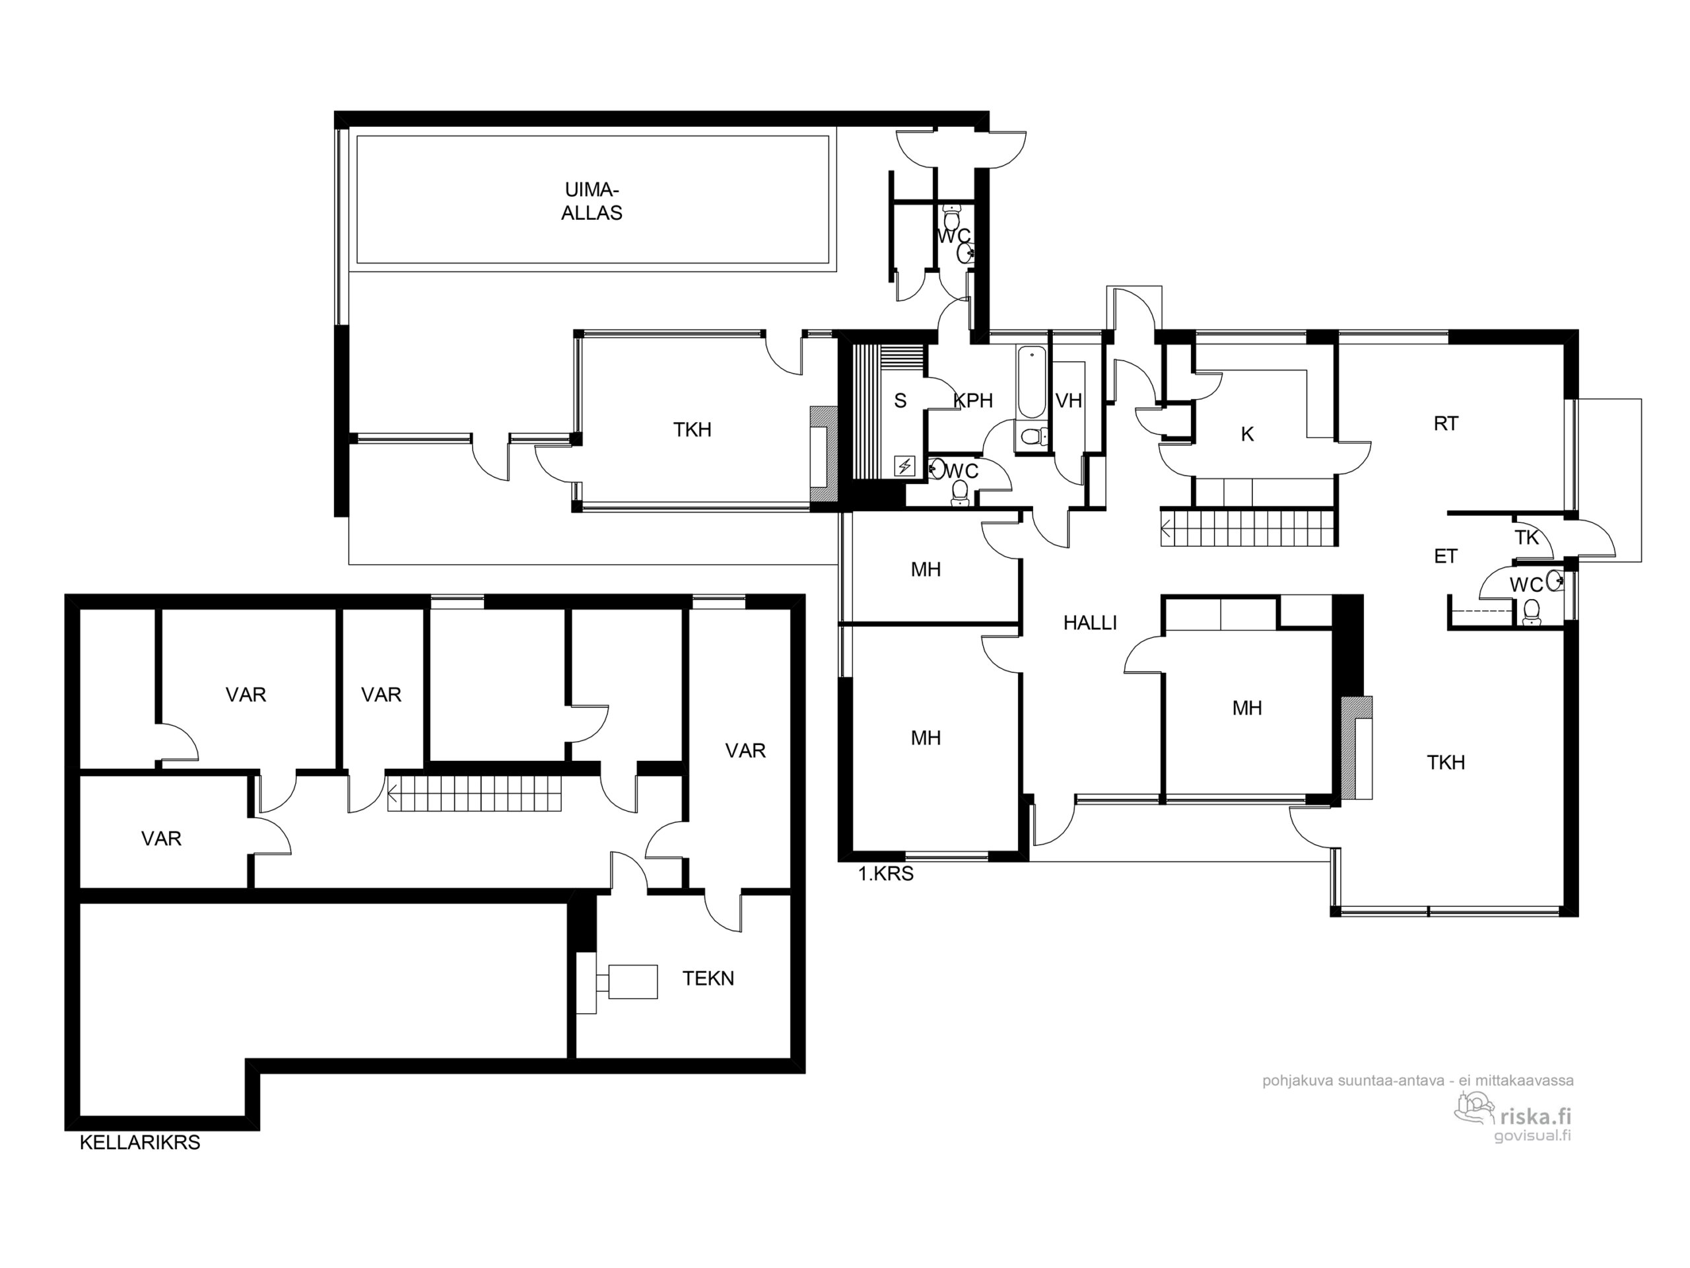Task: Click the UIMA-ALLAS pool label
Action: point(591,201)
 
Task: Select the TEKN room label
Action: point(708,978)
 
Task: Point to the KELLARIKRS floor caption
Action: point(140,1142)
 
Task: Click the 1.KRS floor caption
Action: point(885,874)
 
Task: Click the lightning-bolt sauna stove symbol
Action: point(904,466)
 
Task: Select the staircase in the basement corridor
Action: point(475,792)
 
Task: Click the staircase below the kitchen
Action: point(1248,528)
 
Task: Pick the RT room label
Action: point(1446,423)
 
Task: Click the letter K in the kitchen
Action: point(1247,434)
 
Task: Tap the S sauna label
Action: point(900,400)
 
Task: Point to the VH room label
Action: point(1068,400)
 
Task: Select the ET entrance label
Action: point(1446,557)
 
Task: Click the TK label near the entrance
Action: point(1526,538)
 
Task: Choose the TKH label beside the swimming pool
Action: point(693,429)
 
